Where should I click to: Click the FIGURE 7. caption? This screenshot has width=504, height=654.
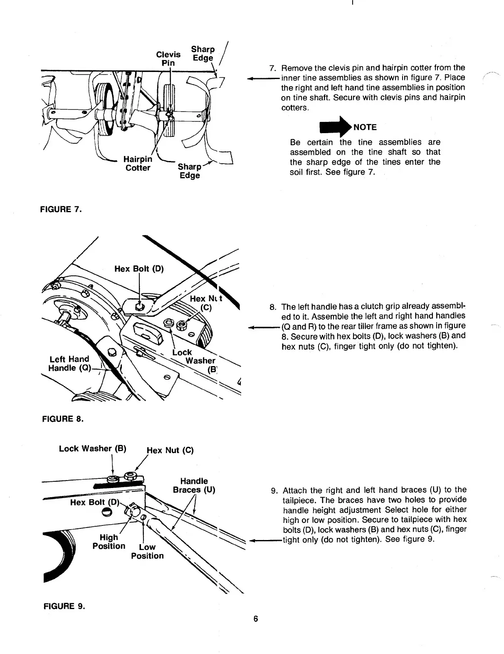[x=61, y=209]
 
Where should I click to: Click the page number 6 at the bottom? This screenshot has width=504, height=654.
[x=256, y=619]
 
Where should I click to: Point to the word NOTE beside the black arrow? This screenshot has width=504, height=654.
[x=365, y=127]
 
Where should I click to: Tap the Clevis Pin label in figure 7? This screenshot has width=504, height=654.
[x=168, y=59]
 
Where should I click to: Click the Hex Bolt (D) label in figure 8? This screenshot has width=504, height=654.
[x=139, y=269]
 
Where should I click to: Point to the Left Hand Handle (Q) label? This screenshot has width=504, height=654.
[x=69, y=364]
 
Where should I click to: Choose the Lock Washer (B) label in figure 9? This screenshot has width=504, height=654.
[x=92, y=448]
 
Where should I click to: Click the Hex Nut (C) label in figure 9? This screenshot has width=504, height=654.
[x=170, y=450]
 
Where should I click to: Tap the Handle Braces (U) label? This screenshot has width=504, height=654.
[x=194, y=486]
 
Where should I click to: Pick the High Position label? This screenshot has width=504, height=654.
[x=109, y=542]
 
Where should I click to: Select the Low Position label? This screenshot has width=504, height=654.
[x=147, y=551]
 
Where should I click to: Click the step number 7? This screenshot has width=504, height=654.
[x=273, y=68]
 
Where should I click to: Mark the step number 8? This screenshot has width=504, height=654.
[x=273, y=307]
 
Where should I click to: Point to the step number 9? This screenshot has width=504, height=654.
[x=274, y=491]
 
